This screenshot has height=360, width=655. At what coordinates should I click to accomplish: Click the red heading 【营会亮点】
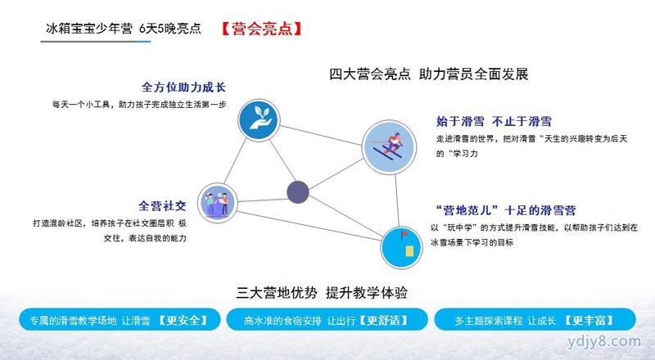pos(261,29)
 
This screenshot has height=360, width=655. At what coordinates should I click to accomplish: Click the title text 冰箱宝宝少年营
pos(89,29)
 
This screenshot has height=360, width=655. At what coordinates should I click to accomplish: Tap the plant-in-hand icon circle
pos(259,119)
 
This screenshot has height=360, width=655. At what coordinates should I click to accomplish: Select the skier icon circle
pos(389,147)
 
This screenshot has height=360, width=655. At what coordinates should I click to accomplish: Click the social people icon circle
pos(217,203)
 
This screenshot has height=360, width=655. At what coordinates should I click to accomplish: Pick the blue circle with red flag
pos(401,247)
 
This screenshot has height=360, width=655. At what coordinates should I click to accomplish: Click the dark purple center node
pos(298,192)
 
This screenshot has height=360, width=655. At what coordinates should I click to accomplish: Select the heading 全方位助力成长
pos(183,88)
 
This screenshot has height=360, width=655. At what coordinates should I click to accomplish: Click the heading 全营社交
pos(162,206)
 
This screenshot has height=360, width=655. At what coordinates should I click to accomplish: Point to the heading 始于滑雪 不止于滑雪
pos(494,122)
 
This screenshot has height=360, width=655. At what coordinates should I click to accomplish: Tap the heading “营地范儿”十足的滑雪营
pos(505,210)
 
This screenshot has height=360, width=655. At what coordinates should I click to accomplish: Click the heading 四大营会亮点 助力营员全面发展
pos(429,74)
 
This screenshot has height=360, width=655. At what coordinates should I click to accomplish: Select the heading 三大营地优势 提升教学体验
pos(322,293)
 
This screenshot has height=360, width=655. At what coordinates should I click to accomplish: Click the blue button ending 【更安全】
pos(120,320)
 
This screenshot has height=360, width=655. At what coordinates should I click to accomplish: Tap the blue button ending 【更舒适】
pos(327,320)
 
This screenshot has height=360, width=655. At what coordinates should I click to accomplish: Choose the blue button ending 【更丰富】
pos(535,320)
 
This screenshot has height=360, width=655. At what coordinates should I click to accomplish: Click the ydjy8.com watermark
pos(604,341)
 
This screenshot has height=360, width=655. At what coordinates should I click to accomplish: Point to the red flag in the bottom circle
pos(404,234)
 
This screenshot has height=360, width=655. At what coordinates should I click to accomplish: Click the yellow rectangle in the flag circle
pos(409,251)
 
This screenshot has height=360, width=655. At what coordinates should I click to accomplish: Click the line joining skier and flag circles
pos(397,200)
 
